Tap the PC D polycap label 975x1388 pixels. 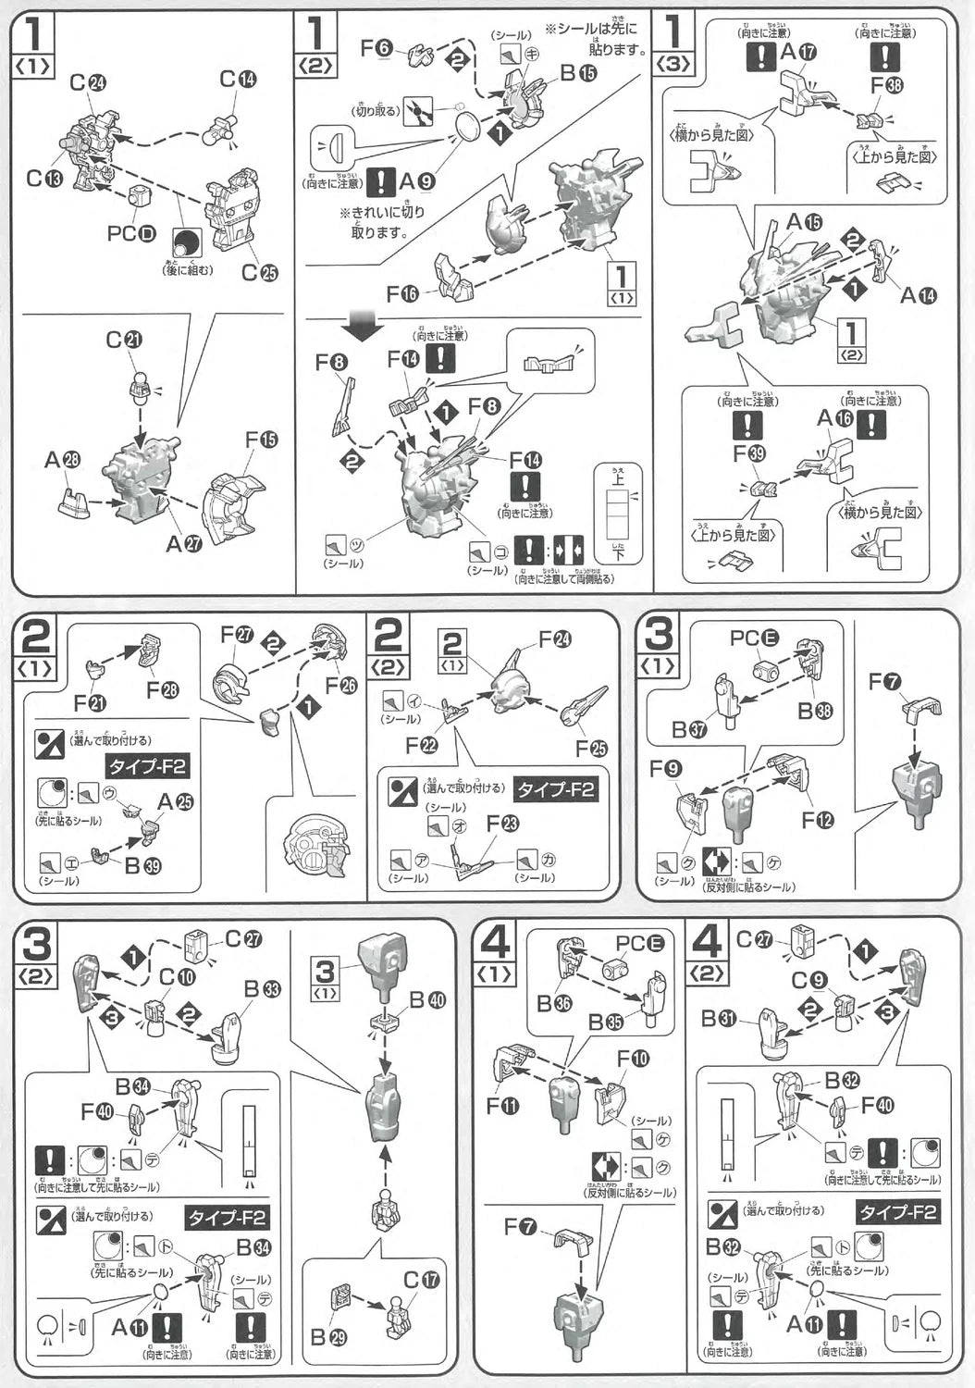point(130,231)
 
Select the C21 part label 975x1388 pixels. point(123,341)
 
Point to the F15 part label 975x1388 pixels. point(261,440)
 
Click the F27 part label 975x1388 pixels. point(236,635)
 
